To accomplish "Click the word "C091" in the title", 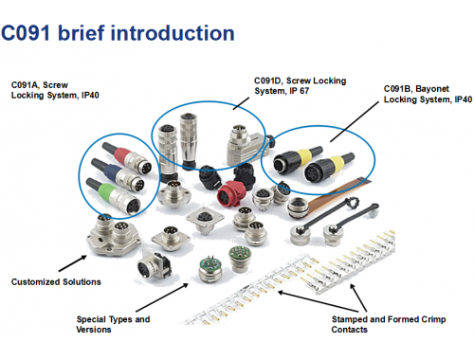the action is (26, 33).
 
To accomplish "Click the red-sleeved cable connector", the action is (127, 157).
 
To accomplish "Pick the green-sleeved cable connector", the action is (114, 196).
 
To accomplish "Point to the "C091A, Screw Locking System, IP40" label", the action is (55, 90).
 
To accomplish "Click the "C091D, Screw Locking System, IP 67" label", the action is (301, 86).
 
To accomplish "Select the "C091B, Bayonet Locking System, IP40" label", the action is (428, 94).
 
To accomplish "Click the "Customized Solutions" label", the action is (56, 281).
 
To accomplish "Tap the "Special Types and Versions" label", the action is (113, 324).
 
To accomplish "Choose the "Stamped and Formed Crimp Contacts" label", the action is (389, 324).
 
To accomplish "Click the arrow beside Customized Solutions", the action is (73, 263).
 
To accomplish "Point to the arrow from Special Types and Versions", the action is (162, 297).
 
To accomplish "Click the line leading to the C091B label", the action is (355, 122).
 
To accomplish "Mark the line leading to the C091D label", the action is (241, 103).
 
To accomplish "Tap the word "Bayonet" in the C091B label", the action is (432, 89).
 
